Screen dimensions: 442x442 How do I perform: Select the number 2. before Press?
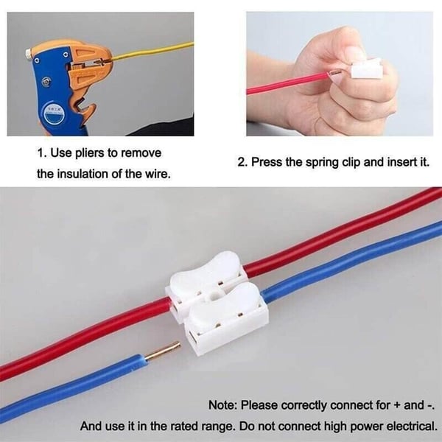pyautogui.click(x=242, y=161)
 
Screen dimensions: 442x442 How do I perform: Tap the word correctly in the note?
pyautogui.click(x=296, y=405)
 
